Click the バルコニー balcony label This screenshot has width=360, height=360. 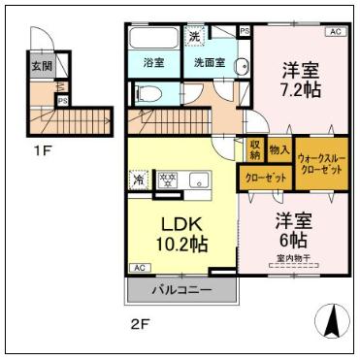pos(180,290)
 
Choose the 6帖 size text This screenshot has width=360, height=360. pos(291,239)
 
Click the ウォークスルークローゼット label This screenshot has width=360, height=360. pos(319,162)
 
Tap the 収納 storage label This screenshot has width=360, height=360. pos(254,150)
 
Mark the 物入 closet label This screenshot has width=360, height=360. pos(278,150)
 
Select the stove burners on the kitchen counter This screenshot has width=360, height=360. pos(168,180)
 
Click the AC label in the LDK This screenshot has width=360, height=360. pos(138,268)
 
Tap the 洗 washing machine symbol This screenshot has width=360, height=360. pos(195,37)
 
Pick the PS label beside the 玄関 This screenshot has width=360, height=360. pos(62,100)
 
